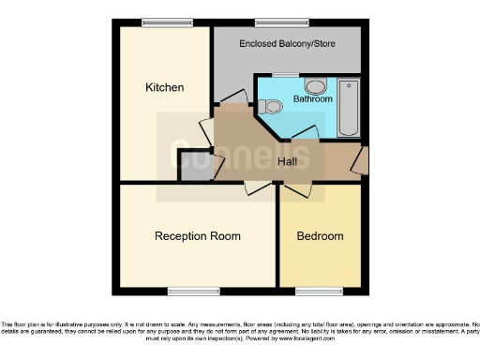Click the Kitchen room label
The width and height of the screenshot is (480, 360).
click(x=164, y=87)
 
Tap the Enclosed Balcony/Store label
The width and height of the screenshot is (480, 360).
click(x=287, y=44)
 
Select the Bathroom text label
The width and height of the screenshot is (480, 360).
click(x=312, y=97)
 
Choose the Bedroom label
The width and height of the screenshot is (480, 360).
click(x=320, y=236)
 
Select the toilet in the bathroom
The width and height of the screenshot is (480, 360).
click(x=274, y=106)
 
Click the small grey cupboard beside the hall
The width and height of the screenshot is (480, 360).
click(x=194, y=167)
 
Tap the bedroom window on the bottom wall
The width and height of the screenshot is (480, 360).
click(x=313, y=288)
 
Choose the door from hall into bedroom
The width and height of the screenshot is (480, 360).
click(x=298, y=188)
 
